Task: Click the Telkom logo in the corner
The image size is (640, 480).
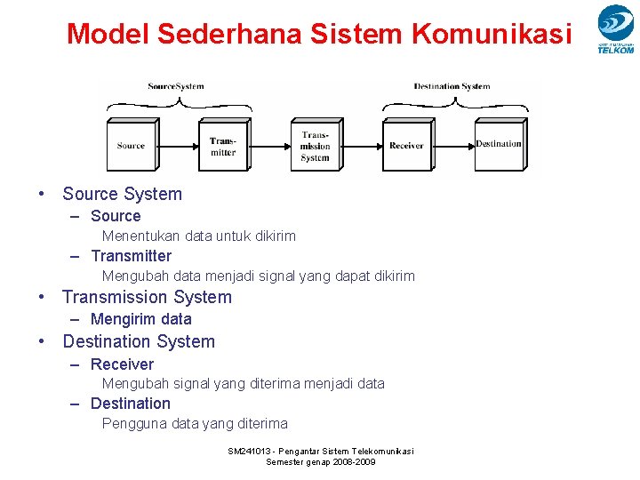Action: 615,29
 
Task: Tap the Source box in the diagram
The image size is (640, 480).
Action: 131,146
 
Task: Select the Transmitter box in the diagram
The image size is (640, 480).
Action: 223,146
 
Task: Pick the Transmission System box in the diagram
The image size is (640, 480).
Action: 315,146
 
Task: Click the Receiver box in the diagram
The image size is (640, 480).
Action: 406,146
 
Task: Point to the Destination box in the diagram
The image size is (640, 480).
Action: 498,144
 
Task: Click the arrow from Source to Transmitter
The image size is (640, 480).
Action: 178,146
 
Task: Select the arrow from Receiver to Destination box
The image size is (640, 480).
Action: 453,146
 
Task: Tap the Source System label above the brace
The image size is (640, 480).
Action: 175,86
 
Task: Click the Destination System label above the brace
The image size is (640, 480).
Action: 452,86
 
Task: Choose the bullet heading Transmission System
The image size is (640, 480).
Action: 147,297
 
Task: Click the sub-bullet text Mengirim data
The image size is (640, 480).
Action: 140,319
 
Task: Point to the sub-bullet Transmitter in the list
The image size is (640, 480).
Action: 131,256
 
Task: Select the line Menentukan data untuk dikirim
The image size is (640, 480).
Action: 198,236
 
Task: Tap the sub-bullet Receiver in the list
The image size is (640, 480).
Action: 122,364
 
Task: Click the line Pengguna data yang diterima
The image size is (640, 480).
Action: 195,424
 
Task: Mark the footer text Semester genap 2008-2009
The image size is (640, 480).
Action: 321,462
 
